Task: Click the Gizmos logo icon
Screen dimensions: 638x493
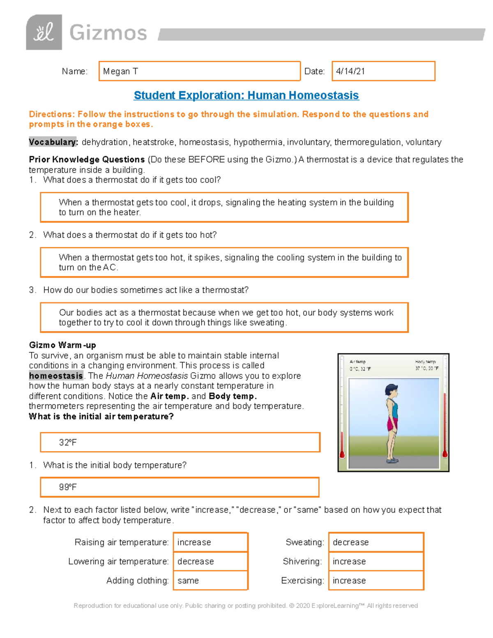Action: [x=44, y=32]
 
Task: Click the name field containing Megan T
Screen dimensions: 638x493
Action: [x=199, y=71]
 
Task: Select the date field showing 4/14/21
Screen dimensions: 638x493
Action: [x=383, y=71]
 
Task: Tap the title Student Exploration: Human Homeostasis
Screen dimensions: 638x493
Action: [x=246, y=95]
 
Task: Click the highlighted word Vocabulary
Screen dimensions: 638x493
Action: [x=53, y=142]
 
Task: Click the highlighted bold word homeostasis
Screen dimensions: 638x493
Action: [x=56, y=376]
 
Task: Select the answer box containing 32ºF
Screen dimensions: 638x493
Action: [x=180, y=442]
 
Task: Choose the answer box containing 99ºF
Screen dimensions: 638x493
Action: [x=180, y=487]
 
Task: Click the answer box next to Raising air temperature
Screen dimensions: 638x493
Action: [x=210, y=542]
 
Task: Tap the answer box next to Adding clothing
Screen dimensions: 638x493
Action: [x=210, y=580]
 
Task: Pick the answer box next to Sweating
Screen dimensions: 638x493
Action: [x=376, y=542]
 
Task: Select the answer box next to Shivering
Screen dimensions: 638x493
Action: [x=376, y=561]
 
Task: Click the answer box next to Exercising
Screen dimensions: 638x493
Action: [x=376, y=580]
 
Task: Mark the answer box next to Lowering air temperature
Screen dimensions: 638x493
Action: [x=210, y=561]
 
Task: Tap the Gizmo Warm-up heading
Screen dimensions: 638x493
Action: [x=62, y=345]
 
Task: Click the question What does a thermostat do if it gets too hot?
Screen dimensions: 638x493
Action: [x=130, y=235]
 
